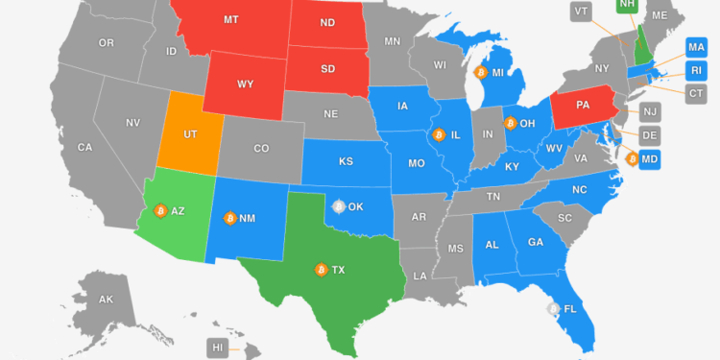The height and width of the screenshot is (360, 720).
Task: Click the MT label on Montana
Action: (231, 19)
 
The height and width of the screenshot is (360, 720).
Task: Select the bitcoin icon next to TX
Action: (320, 270)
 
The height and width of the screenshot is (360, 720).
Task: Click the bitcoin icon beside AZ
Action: (160, 210)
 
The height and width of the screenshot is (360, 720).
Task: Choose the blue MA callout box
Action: (697, 46)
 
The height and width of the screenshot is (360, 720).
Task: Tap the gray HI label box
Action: (219, 347)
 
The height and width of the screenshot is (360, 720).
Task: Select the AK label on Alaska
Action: (107, 300)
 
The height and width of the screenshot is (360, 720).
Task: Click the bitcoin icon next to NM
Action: (229, 218)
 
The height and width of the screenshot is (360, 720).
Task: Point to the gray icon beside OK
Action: (337, 205)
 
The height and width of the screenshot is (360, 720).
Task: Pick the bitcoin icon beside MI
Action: (480, 72)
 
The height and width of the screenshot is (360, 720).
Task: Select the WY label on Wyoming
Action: (246, 84)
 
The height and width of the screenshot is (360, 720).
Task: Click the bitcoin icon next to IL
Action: (438, 134)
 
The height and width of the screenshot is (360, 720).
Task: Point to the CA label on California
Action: (84, 147)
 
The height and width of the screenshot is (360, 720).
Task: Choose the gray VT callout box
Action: (581, 11)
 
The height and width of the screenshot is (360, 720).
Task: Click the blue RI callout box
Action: (697, 69)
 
